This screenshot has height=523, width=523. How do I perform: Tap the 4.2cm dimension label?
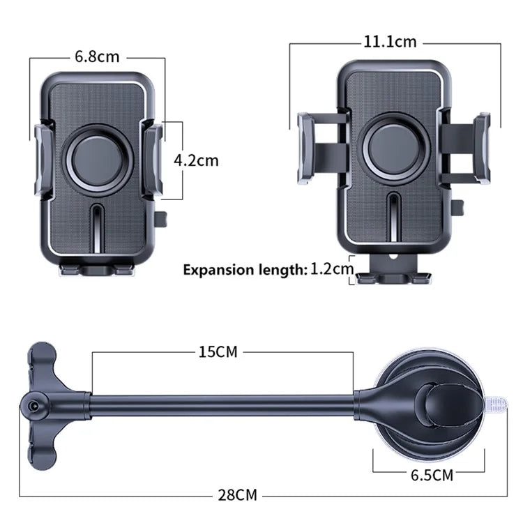tap(196, 160)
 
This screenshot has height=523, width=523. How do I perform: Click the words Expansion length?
tap(243, 270)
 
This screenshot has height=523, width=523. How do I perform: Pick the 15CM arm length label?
tap(218, 352)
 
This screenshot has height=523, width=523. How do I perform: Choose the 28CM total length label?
tap(236, 495)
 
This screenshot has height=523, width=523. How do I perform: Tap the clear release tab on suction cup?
tap(494, 404)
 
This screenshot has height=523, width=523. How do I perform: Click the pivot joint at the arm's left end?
tap(33, 404)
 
